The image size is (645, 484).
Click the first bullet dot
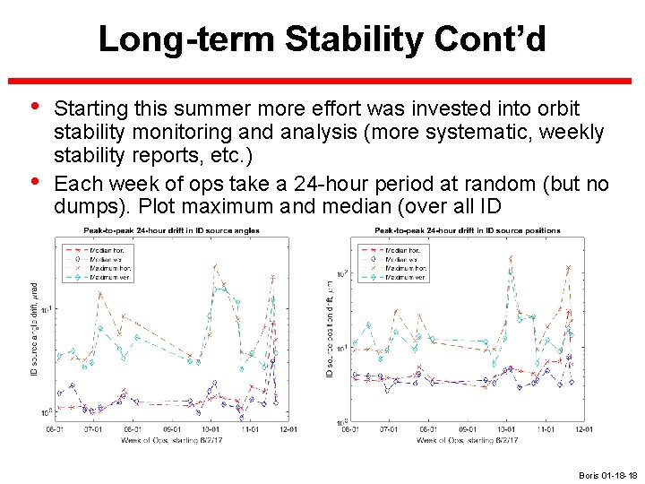[x=36, y=108]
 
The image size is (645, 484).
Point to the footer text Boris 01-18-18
[x=608, y=474]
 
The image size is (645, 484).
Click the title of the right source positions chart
[x=467, y=230]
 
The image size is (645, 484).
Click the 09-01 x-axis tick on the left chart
[x=171, y=429]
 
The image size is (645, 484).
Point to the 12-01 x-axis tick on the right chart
[x=582, y=429]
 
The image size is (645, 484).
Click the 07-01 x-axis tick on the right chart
[x=389, y=429]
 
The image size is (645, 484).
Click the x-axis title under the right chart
[x=467, y=439]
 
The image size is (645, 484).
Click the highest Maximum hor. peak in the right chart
[x=511, y=258]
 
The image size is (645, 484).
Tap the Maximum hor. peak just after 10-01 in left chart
[x=214, y=265]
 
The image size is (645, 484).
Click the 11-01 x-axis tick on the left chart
[x=250, y=429]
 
